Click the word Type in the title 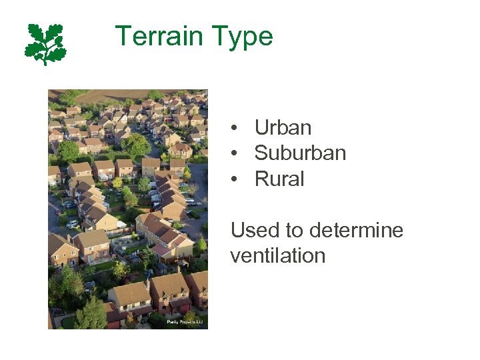tap(242, 37)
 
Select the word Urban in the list tap(283, 128)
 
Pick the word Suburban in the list tap(300, 153)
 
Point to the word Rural tap(279, 179)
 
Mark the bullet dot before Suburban tap(235, 154)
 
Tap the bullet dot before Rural tap(235, 180)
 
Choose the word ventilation tap(277, 256)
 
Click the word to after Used tap(294, 231)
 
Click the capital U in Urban tap(261, 128)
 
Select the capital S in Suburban tap(261, 153)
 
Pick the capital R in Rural tap(261, 179)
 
